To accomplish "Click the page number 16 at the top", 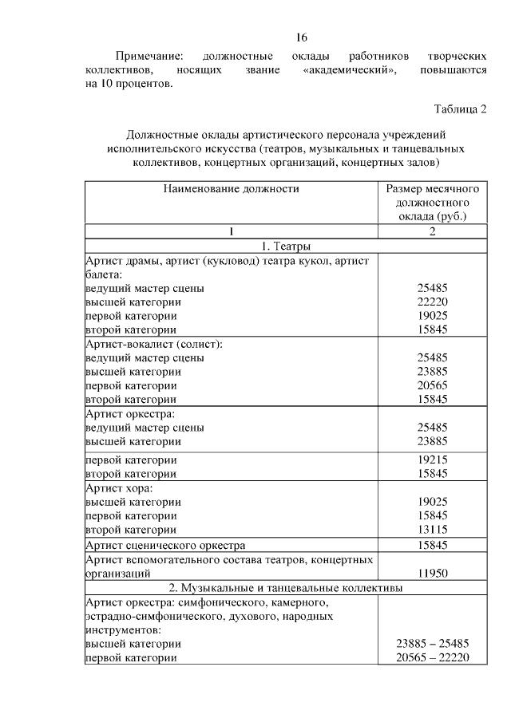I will pyautogui.click(x=301, y=37).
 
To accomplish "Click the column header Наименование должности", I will pyautogui.click(x=232, y=189).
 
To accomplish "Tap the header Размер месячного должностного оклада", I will pyautogui.click(x=432, y=203).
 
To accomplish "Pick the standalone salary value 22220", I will pyautogui.click(x=432, y=302).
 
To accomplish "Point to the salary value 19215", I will pyautogui.click(x=432, y=460).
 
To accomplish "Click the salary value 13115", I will pyautogui.click(x=432, y=529).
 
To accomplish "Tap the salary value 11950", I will pyautogui.click(x=432, y=573).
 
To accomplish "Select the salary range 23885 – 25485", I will pyautogui.click(x=432, y=643).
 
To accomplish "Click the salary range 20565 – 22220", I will pyautogui.click(x=432, y=657).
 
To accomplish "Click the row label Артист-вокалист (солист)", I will pyautogui.click(x=153, y=344).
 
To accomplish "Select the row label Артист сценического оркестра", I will pyautogui.click(x=165, y=546).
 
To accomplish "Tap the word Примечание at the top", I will pyautogui.click(x=149, y=57).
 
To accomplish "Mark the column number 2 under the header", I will pyautogui.click(x=432, y=231).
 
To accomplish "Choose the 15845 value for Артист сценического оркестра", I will pyautogui.click(x=432, y=546).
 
